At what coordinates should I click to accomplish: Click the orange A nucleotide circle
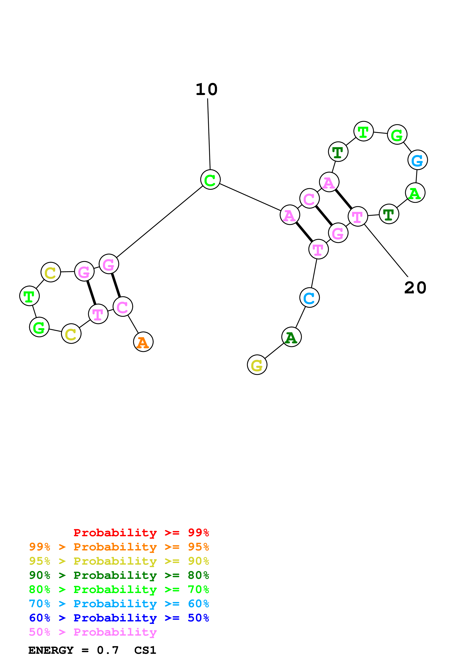143,342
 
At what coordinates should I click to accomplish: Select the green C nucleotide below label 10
210,180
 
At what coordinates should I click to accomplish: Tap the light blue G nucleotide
418,160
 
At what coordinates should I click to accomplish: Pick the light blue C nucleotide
310,298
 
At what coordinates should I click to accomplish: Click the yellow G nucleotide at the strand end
257,365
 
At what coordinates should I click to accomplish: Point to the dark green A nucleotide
292,337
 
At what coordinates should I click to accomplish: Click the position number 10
206,90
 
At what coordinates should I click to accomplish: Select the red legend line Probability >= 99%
141,533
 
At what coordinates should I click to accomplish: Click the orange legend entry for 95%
119,547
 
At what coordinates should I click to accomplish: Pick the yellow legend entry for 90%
119,561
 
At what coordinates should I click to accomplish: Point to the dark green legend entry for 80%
119,575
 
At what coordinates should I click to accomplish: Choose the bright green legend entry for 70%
119,589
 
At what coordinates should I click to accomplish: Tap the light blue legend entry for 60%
119,604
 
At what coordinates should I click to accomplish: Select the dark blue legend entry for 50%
119,618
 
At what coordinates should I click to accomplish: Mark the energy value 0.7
108,650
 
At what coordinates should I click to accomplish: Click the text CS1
145,650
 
